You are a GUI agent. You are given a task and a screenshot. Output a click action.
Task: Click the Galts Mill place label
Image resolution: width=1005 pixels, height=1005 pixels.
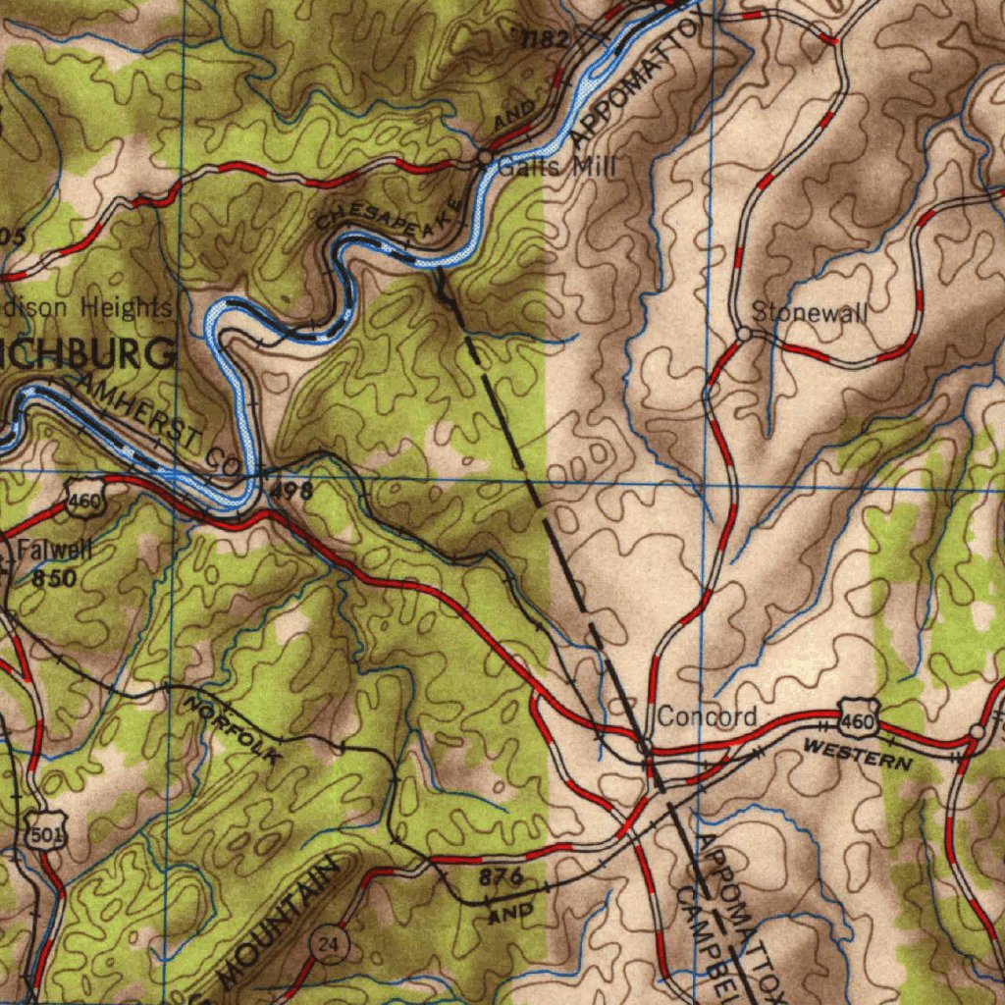coord(556,167)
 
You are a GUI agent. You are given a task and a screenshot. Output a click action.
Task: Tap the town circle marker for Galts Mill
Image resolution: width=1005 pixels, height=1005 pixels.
coord(484,157)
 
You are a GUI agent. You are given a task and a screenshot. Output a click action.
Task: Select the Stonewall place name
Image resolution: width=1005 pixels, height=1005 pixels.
coord(810,313)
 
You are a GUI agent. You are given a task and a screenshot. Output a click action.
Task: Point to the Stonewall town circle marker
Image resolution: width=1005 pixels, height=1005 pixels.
coord(744,335)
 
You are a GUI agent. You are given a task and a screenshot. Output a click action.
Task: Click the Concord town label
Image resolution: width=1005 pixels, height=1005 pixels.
coord(707,716)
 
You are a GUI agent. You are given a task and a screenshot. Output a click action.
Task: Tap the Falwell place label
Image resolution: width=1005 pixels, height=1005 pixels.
coord(54,550)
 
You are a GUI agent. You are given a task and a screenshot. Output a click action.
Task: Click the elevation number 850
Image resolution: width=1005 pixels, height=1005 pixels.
coord(53,579)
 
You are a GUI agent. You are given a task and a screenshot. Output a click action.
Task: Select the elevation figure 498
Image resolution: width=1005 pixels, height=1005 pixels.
coord(291,491)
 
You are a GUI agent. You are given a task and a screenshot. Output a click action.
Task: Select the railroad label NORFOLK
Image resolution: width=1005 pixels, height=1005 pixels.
coord(233,730)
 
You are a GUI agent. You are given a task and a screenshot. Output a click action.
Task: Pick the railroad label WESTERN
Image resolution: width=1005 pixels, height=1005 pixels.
coord(858,756)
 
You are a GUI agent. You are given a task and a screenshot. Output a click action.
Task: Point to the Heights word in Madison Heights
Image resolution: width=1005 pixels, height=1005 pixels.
coord(125,307)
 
